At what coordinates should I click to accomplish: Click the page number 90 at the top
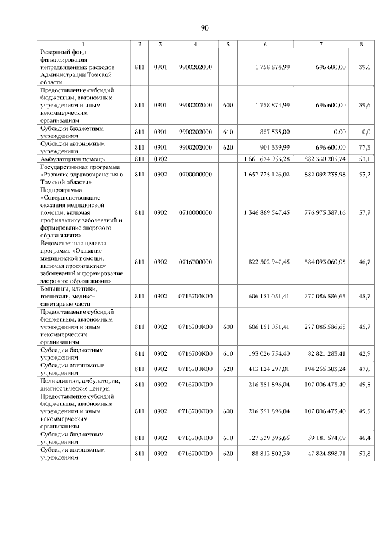click(204, 27)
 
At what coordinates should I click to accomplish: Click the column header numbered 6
click(265, 44)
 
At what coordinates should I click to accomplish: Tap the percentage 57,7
click(366, 212)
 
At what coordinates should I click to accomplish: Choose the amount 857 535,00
click(273, 132)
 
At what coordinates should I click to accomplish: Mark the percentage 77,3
click(366, 147)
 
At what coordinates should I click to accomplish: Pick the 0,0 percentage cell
click(367, 132)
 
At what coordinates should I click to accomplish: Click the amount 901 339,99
click(273, 147)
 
